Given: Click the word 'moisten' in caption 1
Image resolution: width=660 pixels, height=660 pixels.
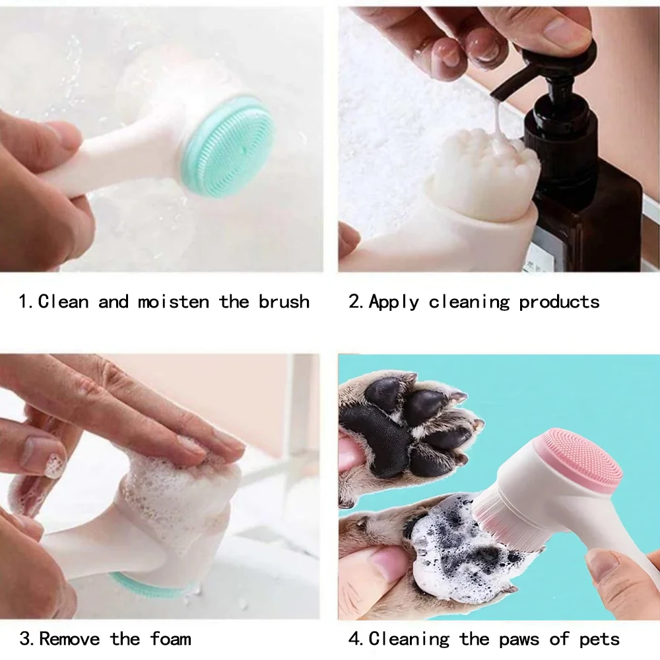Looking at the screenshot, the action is [x=173, y=302].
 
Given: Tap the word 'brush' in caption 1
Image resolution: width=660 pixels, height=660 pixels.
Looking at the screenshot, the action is [x=284, y=302].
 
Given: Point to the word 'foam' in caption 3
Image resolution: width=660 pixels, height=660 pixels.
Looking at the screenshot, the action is [x=170, y=638].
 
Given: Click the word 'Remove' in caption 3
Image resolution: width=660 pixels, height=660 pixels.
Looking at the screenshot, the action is [x=69, y=638].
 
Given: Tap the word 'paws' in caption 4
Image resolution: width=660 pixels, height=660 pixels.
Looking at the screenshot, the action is [x=519, y=640].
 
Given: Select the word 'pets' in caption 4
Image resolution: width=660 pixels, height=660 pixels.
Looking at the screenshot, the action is [x=599, y=640].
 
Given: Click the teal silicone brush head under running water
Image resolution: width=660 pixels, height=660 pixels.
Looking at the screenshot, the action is [x=230, y=146].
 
